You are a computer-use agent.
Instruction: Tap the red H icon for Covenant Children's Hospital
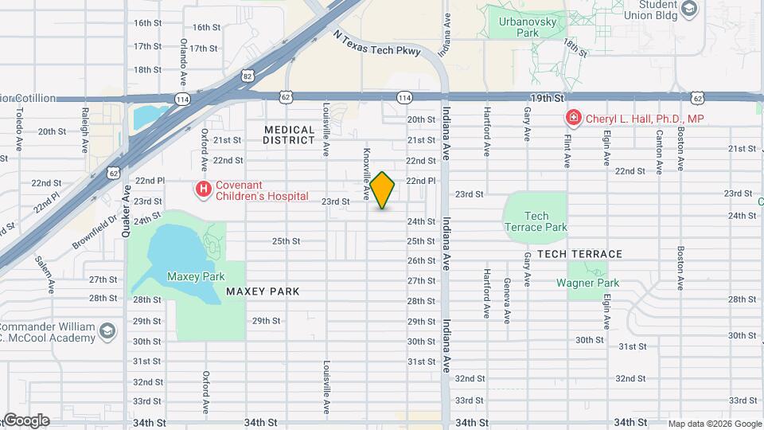pyautogui.click(x=204, y=189)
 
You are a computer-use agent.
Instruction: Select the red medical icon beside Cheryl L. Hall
pyautogui.click(x=572, y=119)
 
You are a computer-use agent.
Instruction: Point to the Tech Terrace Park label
pyautogui.click(x=536, y=221)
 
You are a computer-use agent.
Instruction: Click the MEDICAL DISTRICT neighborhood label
pyautogui.click(x=290, y=135)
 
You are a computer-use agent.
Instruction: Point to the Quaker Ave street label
pyautogui.click(x=126, y=208)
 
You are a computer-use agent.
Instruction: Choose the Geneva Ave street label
pyautogui.click(x=506, y=300)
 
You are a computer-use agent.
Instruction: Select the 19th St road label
pyautogui.click(x=548, y=97)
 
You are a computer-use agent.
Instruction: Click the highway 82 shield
pyautogui.click(x=248, y=76)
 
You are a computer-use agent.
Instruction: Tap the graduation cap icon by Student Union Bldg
pyautogui.click(x=689, y=10)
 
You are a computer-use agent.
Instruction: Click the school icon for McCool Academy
pyautogui.click(x=107, y=328)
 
